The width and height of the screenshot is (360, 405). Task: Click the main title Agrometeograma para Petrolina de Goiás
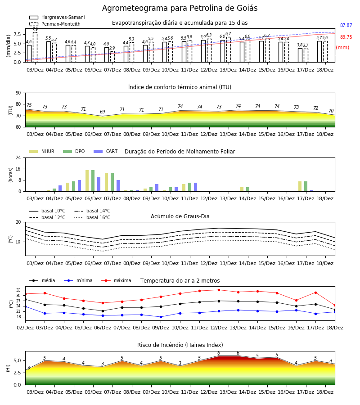coord(180,8)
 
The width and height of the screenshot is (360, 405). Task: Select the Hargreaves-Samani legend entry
coord(57,17)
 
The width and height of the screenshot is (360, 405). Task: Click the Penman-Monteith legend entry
coord(55,24)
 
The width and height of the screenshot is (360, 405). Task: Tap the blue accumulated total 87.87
coord(346,25)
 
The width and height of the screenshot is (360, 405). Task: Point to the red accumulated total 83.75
coord(346,37)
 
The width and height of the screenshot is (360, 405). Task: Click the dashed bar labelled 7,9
coord(35,47)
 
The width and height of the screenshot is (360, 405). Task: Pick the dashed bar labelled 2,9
coord(112,57)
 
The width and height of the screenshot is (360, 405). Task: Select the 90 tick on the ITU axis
coord(18,93)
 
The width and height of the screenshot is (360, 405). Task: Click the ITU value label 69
coord(103,112)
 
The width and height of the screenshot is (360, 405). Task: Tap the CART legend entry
coord(105,151)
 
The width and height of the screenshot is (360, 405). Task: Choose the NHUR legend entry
coord(42,151)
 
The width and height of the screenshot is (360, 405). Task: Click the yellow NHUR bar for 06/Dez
coord(87,181)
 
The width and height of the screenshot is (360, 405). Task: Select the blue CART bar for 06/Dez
coord(99,184)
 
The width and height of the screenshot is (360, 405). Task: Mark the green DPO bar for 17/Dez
coord(306,186)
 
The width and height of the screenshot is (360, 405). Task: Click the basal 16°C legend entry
coord(92,217)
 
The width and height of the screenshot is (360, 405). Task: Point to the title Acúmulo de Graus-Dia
coord(180,216)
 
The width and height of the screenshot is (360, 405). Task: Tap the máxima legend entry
coord(116,280)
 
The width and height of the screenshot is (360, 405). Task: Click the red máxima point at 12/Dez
coord(219,290)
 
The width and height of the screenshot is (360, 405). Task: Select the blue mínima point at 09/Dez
coord(161,317)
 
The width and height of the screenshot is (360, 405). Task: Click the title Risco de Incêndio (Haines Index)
coord(180,345)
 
